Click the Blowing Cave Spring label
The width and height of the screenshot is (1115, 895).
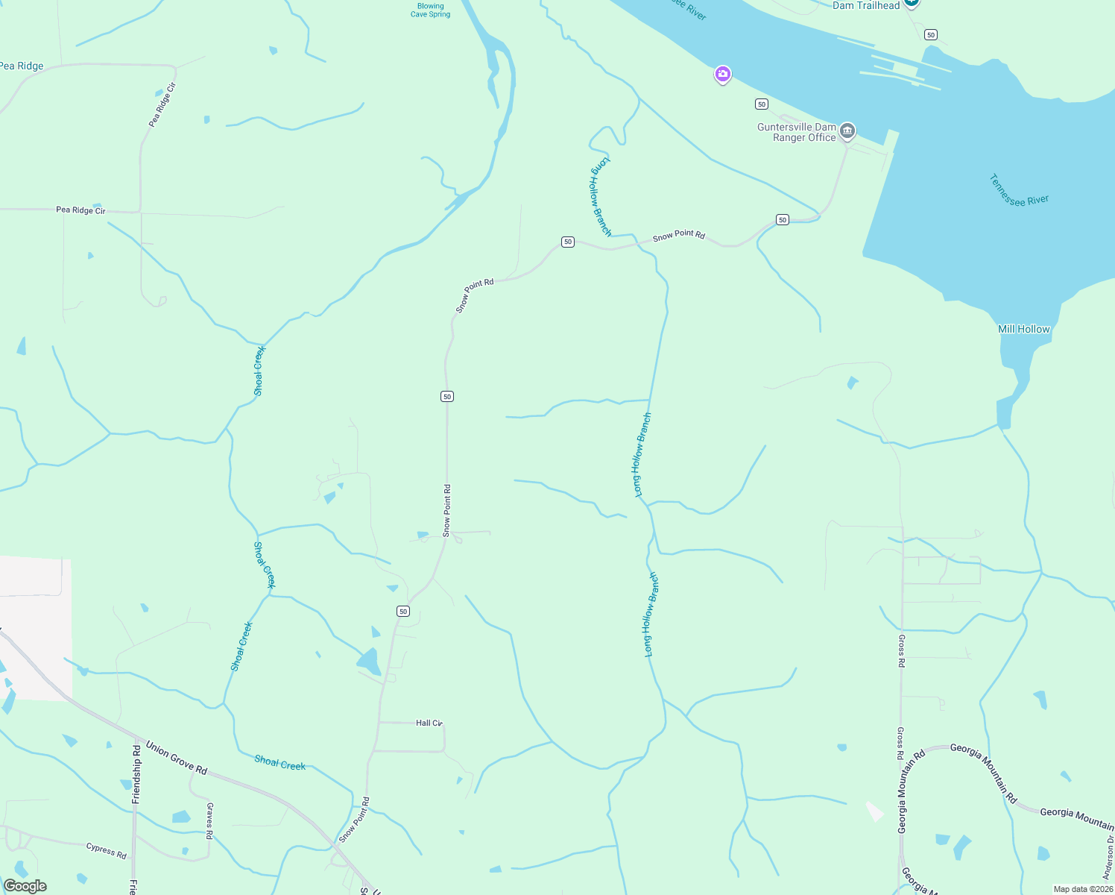[430, 10]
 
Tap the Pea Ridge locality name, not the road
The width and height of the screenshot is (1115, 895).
[22, 66]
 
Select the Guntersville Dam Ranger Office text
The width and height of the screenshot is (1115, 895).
[796, 132]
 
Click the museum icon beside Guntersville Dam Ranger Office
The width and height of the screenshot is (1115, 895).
[847, 131]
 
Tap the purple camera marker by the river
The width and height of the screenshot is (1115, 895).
[721, 75]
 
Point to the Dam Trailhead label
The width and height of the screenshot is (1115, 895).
[865, 6]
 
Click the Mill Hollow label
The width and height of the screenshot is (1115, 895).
[1023, 329]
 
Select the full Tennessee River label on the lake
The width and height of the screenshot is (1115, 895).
[1019, 190]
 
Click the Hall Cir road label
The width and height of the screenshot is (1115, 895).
[429, 723]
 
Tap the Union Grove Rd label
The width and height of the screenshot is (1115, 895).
[176, 757]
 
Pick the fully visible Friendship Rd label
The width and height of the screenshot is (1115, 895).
[136, 773]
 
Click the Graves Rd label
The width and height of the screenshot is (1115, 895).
[210, 820]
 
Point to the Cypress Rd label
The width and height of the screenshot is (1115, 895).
[106, 850]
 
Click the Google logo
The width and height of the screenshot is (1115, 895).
[25, 886]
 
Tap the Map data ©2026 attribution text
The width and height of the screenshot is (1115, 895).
[1083, 889]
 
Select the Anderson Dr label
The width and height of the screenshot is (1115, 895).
[1108, 858]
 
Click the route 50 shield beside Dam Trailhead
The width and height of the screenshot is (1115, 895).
[930, 35]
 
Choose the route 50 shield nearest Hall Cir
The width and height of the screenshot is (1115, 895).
[403, 612]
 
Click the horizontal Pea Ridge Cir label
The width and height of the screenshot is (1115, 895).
[80, 210]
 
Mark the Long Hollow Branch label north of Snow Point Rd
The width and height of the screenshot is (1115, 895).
[601, 196]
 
